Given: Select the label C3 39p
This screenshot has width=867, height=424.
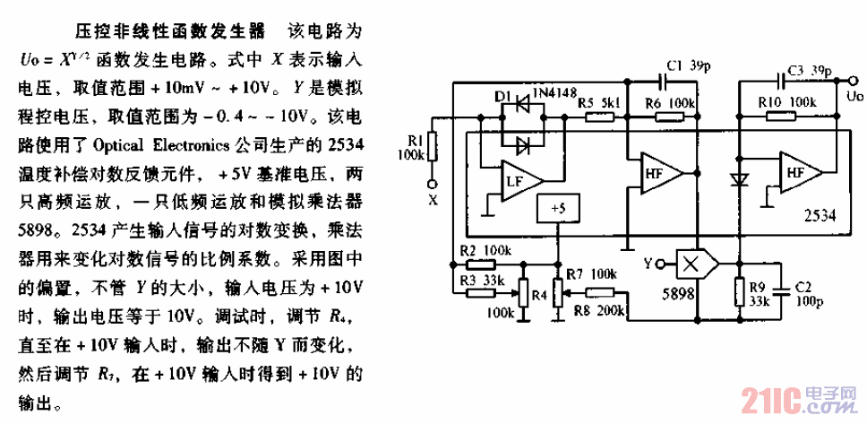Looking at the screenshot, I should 809,69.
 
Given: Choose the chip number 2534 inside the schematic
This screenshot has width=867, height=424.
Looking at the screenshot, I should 820,216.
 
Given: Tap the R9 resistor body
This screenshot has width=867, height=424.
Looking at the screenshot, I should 740,291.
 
